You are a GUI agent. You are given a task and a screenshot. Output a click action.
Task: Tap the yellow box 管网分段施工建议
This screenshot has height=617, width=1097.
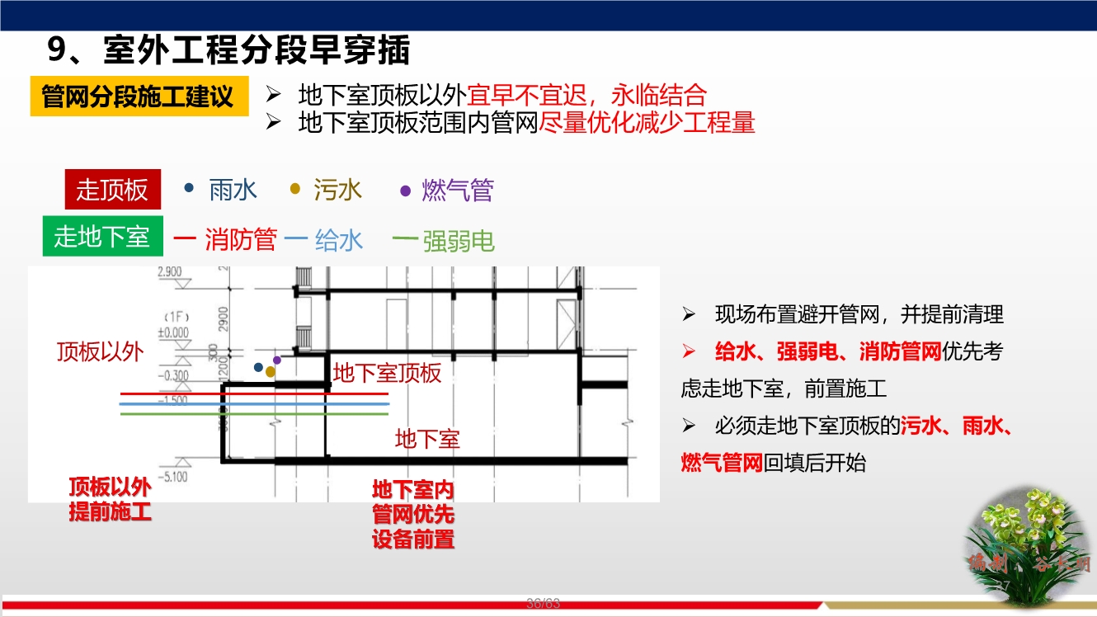[x=138, y=97]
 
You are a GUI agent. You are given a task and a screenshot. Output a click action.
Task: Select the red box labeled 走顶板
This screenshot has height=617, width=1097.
[x=112, y=190]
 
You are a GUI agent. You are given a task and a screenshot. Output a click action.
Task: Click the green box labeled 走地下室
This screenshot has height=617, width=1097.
[x=102, y=237]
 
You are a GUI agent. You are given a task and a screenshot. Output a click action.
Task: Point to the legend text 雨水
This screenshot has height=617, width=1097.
[x=233, y=191]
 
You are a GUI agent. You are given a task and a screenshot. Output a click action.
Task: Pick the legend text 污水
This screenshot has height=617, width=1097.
[x=338, y=191]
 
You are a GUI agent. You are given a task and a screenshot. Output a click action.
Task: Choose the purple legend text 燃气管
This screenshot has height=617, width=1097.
[x=458, y=191]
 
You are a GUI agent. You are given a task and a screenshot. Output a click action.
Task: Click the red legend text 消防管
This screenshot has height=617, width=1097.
[x=241, y=240]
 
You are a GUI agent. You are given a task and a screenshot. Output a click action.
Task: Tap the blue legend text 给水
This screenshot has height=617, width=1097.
[x=339, y=240]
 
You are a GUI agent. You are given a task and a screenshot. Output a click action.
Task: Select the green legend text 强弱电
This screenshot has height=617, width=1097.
[x=459, y=241]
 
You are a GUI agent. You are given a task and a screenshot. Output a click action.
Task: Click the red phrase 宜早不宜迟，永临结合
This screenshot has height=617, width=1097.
[x=587, y=96]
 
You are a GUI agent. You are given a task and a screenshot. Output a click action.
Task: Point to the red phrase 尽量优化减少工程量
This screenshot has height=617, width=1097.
[x=647, y=123]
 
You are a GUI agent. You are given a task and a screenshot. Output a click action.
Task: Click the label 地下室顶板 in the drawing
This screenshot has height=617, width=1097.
[x=388, y=373]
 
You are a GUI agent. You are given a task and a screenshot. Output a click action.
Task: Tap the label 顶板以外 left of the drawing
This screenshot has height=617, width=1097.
[x=100, y=352]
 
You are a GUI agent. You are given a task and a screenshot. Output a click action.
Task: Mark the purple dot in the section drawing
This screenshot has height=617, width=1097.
[x=277, y=360]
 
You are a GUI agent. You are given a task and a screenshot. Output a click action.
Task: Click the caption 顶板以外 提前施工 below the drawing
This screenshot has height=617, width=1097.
[x=110, y=499]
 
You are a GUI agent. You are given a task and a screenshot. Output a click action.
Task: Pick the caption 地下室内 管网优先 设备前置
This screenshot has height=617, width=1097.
[x=413, y=515]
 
